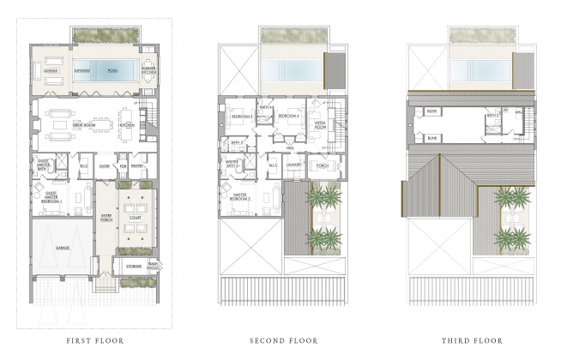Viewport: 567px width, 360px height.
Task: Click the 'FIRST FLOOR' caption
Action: coord(95,340)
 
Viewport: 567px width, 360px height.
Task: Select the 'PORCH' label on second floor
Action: coord(322,165)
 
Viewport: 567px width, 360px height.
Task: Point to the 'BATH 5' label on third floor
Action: coord(492,114)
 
